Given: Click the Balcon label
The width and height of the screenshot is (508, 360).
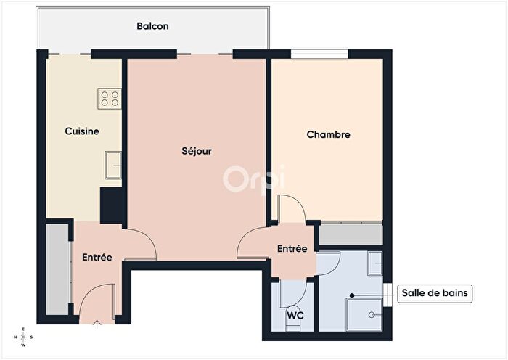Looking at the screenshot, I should [152, 26].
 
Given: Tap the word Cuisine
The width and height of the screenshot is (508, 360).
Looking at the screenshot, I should [82, 131].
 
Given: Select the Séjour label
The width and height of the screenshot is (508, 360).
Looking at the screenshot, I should [196, 152].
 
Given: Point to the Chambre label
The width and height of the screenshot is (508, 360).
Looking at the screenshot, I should [328, 134].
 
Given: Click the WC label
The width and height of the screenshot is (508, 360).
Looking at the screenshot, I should [295, 316].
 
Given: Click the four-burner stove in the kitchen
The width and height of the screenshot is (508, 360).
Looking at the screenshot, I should [110, 98].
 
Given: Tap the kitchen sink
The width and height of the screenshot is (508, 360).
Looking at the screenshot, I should [112, 164].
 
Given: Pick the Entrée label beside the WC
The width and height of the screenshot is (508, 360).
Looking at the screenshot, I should [292, 248].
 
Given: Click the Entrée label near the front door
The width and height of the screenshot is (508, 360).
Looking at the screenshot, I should [97, 257].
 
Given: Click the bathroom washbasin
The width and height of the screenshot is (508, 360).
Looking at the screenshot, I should [374, 263].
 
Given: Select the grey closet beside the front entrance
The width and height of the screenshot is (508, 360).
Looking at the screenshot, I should [58, 269].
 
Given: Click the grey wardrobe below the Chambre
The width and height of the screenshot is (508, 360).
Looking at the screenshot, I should [351, 234].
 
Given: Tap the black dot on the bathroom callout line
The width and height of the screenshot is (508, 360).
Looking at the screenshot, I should [352, 295].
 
